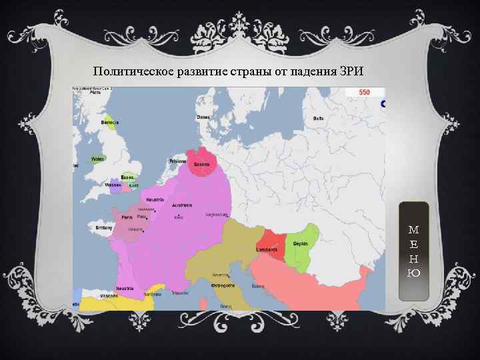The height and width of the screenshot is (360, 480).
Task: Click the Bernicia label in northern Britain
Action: pyautogui.click(x=110, y=122)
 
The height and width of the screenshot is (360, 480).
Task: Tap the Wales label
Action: pyautogui.click(x=98, y=159)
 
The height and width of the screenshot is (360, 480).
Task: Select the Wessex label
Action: pyautogui.click(x=113, y=184)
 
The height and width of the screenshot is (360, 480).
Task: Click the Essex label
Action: pyautogui.click(x=127, y=177)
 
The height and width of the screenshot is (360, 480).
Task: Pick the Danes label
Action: pyautogui.click(x=203, y=117)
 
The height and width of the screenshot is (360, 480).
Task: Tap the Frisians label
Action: pyautogui.click(x=178, y=161)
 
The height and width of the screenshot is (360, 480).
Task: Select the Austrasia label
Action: pyautogui.click(x=182, y=205)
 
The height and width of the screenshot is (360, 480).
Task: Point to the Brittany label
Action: pyautogui.click(x=105, y=227)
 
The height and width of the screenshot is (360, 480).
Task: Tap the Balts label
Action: pyautogui.click(x=319, y=118)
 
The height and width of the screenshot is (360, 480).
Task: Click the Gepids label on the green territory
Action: pyautogui.click(x=301, y=244)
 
